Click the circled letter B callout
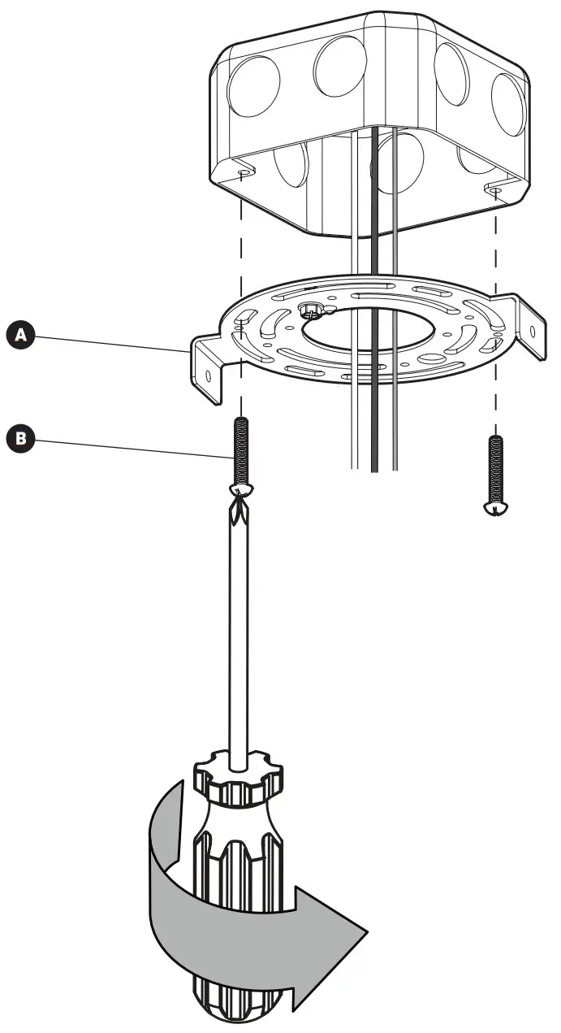pos(22,440)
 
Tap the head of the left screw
pos(242,490)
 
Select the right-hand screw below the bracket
pos(495,475)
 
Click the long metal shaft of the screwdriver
pos(239,634)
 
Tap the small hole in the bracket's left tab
pos(209,376)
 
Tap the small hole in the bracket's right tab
pos(533,332)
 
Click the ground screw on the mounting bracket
pos(311,310)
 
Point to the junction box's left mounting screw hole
pos(244,174)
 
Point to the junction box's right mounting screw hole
pos(494,189)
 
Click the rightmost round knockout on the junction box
pos(508,104)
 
